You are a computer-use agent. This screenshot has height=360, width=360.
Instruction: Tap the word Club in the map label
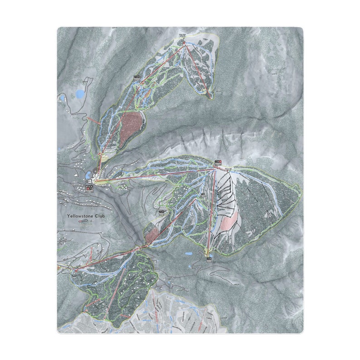click(x=99, y=216)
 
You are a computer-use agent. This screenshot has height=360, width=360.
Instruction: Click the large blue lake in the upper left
click(x=80, y=94)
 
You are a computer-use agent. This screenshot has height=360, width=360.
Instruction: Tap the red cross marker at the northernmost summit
click(x=184, y=43)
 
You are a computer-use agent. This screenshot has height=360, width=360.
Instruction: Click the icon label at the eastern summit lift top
click(x=218, y=161)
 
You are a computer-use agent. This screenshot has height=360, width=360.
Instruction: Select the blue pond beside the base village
click(x=88, y=175)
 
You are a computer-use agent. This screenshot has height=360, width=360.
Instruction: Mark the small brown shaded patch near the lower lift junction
click(x=152, y=235)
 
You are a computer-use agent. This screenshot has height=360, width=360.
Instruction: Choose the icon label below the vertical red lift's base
click(x=209, y=259)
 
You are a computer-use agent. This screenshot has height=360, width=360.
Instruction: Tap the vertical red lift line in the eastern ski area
click(x=211, y=209)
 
